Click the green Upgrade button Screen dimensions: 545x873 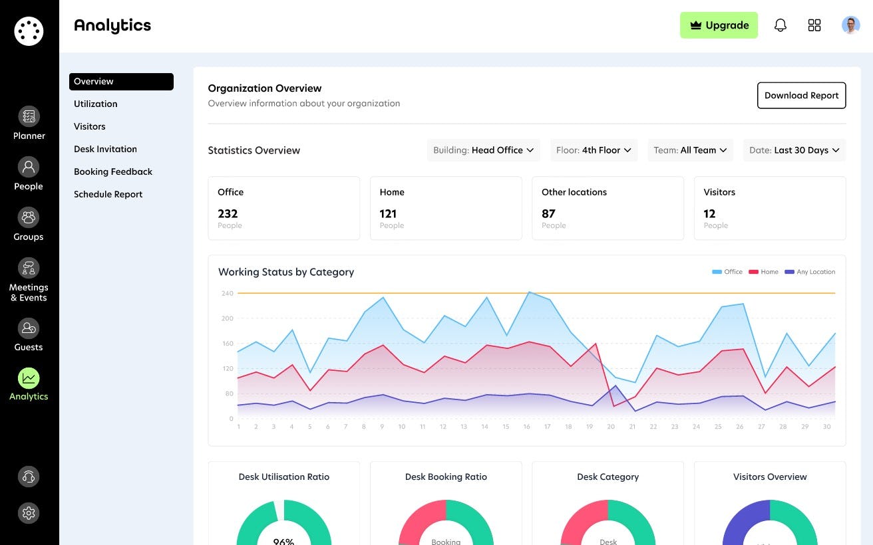[719, 25]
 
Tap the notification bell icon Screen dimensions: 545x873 [781, 25]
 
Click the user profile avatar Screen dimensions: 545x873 [850, 25]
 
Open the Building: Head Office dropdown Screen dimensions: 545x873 [484, 150]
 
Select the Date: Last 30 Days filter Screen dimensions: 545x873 [794, 150]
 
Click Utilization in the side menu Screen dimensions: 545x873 [96, 104]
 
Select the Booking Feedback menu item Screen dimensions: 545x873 [113, 171]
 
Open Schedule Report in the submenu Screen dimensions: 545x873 [108, 194]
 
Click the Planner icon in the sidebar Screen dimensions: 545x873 [29, 117]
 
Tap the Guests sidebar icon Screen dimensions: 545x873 [29, 328]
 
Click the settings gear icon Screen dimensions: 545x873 [29, 513]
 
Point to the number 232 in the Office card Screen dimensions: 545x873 [228, 213]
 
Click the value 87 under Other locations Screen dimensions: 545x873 [548, 213]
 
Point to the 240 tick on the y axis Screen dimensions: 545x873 [228, 293]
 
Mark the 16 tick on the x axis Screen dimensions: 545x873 [526, 427]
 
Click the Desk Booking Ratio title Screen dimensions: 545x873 [446, 477]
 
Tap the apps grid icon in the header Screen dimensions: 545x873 [814, 25]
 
